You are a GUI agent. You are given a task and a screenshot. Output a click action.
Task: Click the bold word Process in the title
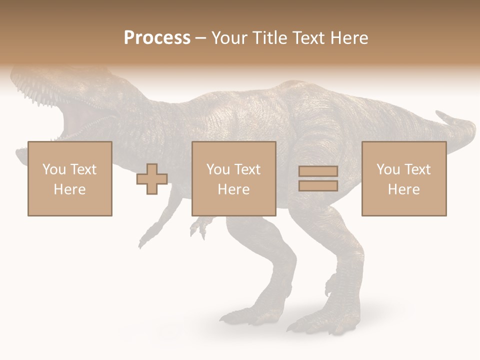(x=157, y=38)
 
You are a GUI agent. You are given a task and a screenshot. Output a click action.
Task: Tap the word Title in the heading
(x=269, y=38)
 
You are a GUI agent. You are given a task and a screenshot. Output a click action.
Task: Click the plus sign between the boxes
(x=152, y=179)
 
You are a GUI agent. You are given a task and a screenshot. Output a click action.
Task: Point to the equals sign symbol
(x=318, y=178)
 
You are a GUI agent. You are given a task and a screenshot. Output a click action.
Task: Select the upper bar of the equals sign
(x=318, y=171)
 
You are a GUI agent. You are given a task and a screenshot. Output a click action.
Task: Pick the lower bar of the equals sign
(x=318, y=185)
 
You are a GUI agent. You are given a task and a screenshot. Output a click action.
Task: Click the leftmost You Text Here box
(x=69, y=179)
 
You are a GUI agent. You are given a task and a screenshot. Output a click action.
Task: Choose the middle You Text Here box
(x=233, y=179)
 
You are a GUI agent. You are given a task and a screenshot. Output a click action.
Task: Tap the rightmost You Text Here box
(x=403, y=179)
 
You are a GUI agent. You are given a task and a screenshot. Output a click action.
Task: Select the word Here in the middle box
(x=233, y=189)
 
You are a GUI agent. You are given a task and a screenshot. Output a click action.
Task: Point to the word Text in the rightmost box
(x=418, y=169)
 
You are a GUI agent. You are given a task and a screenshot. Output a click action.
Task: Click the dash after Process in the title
(x=200, y=38)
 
